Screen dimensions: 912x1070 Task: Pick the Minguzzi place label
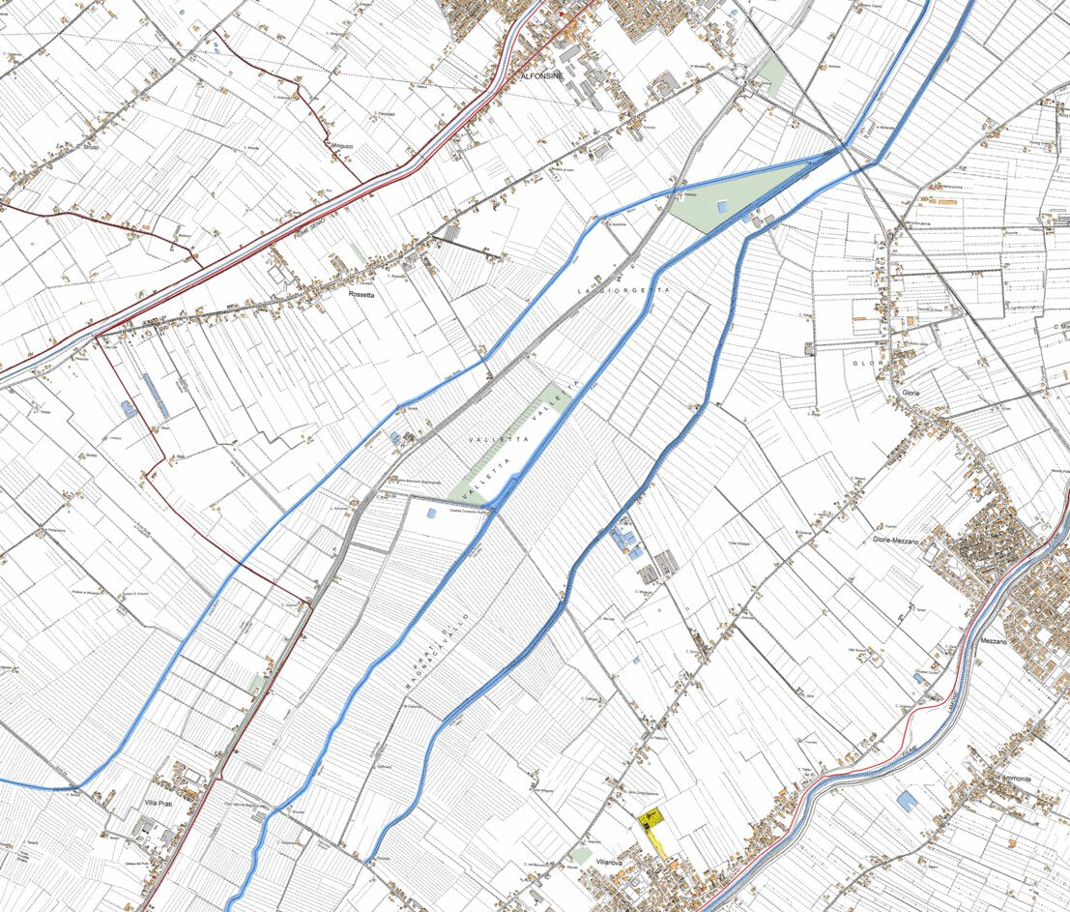click(x=343, y=145)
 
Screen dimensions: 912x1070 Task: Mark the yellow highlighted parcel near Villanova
click(x=654, y=828)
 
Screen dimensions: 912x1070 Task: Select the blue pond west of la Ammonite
click(x=907, y=801)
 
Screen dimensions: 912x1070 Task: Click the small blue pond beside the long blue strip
click(x=128, y=410)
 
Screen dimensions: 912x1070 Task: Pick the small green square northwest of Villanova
click(x=580, y=855)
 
